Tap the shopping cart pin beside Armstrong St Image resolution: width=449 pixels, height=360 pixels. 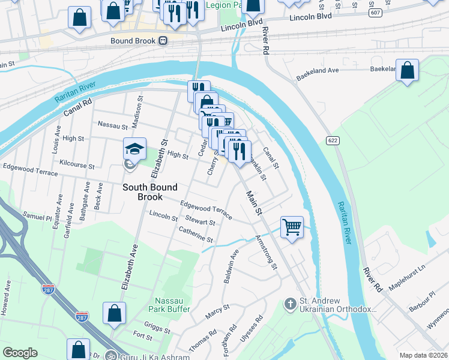(x=292, y=227)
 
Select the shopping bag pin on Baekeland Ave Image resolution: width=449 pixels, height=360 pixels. (x=408, y=70)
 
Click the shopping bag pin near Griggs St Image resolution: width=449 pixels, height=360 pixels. (x=114, y=314)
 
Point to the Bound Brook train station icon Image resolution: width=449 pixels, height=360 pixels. (x=163, y=41)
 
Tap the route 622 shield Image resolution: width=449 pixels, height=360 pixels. (x=333, y=140)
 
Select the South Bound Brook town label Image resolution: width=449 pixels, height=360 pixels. (x=151, y=192)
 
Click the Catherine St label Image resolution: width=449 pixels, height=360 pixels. (x=196, y=235)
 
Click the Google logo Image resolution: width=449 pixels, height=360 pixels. (x=20, y=353)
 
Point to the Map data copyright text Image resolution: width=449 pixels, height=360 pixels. (x=424, y=355)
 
